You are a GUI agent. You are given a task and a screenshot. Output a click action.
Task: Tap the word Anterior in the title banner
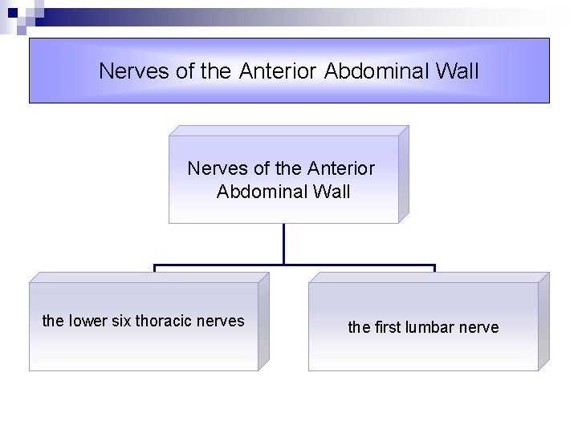(278, 71)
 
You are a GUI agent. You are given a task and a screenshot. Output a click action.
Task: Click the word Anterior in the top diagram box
(340, 169)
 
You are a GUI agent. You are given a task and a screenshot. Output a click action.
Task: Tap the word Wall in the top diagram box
(328, 192)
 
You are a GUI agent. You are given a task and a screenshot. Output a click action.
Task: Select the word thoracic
(165, 321)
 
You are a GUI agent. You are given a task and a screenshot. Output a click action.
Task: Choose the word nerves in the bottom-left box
(221, 322)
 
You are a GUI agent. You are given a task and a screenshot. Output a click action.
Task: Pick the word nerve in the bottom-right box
(479, 328)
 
